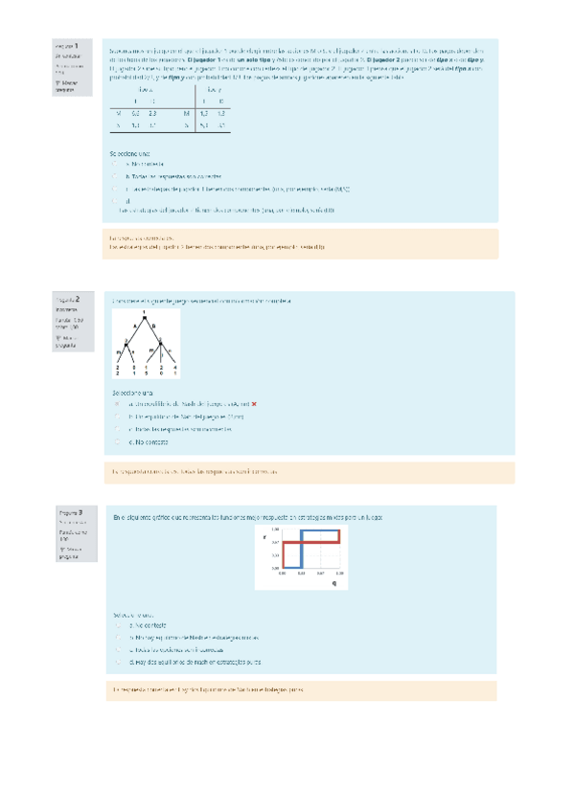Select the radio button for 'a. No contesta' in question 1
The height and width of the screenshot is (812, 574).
click(116, 164)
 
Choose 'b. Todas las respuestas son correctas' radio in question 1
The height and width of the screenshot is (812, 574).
click(116, 177)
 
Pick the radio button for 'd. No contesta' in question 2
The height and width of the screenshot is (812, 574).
click(116, 443)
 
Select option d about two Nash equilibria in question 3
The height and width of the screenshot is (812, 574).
click(116, 662)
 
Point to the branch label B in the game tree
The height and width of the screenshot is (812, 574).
click(154, 326)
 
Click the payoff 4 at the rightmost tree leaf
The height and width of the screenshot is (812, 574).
click(175, 368)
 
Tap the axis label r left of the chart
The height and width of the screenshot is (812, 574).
click(264, 536)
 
